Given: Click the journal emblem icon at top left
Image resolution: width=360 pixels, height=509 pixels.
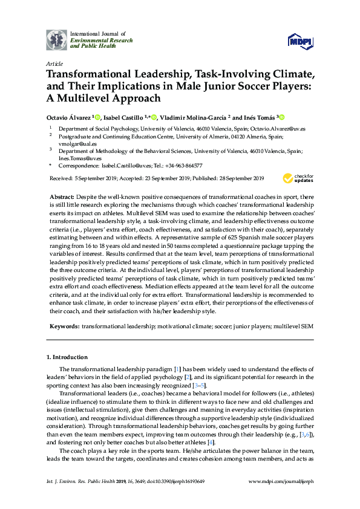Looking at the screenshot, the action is coord(57,39).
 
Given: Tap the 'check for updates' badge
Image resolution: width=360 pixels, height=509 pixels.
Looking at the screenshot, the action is coord(296,178).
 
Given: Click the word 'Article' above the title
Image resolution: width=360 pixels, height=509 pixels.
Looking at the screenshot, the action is coord(54,63).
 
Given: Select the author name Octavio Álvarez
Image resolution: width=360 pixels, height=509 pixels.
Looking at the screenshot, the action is coord(68,117).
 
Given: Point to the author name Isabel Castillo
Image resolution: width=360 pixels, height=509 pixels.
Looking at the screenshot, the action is coord(123,117).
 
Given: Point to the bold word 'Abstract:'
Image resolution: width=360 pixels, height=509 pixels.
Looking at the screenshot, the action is coord(61,197).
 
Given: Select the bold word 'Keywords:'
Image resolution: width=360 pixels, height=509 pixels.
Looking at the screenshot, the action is coord(65,326).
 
